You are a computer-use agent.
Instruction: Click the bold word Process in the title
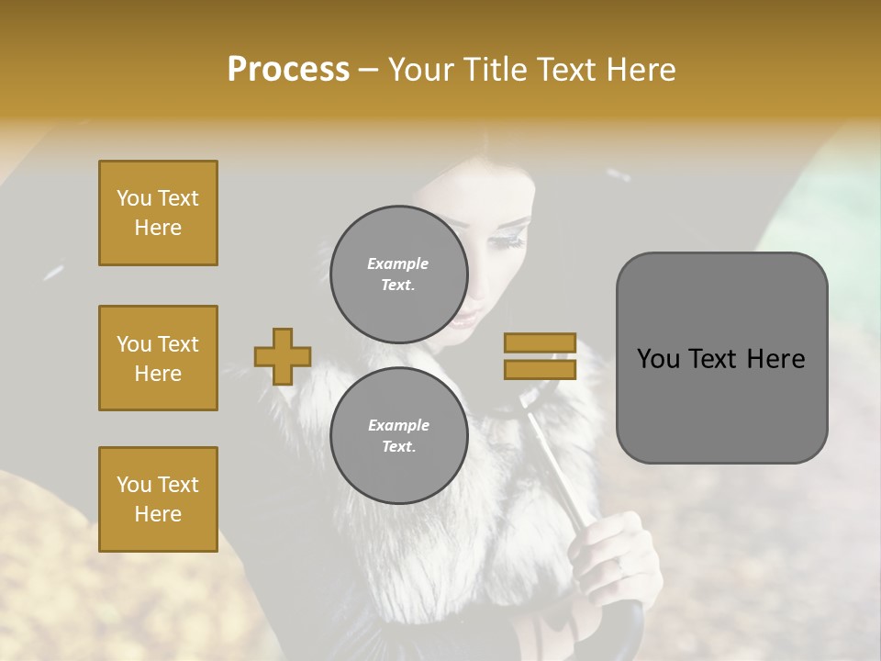(288, 70)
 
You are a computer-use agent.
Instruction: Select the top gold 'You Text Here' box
(158, 213)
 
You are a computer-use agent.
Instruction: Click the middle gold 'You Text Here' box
(158, 358)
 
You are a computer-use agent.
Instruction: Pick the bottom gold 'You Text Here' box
(158, 499)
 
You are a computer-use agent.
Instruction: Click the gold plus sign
(283, 356)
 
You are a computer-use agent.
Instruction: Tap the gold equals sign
(540, 356)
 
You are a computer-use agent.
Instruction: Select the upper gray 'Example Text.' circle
(399, 274)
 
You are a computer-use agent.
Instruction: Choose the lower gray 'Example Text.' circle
(399, 435)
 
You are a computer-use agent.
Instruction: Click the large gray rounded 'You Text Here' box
(721, 358)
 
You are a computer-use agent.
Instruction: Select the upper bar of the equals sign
(540, 343)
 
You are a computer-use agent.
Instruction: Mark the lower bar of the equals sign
(540, 369)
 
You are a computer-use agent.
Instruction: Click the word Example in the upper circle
(397, 263)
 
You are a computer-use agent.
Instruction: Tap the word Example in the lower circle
(397, 425)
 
